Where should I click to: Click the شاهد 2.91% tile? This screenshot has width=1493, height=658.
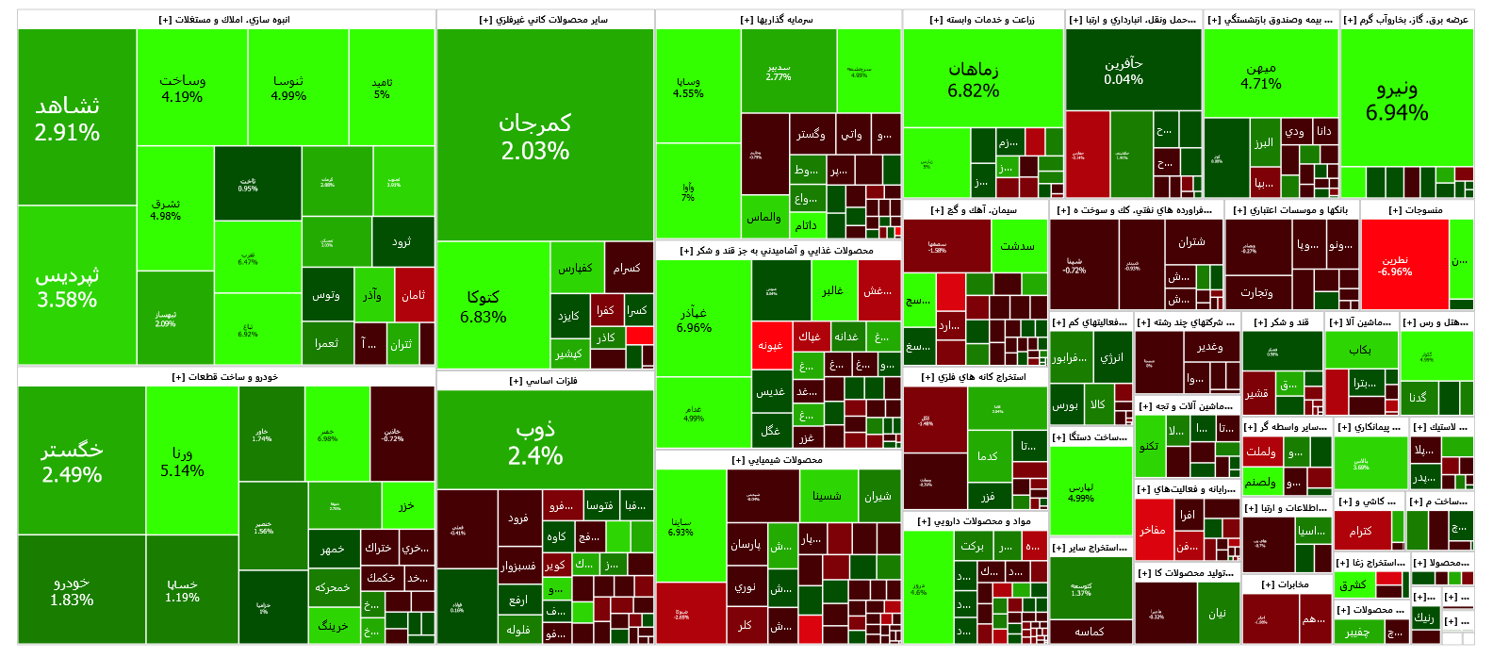(x=68, y=118)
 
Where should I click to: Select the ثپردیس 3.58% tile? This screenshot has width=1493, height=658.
(x=68, y=287)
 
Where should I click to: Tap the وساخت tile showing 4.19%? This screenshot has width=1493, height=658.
(x=182, y=88)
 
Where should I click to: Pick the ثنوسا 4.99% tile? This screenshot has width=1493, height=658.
(x=288, y=88)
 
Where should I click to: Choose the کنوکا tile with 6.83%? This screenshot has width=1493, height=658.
(x=484, y=305)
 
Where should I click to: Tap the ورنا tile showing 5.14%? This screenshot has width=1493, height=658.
(x=182, y=462)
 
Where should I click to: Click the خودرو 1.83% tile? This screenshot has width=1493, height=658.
(x=73, y=590)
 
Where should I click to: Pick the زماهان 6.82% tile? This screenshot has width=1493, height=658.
(x=974, y=79)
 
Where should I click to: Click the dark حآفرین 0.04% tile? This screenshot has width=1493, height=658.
(x=1123, y=71)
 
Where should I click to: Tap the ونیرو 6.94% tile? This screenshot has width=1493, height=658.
(x=1397, y=99)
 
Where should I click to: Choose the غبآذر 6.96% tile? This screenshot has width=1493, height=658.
(x=694, y=319)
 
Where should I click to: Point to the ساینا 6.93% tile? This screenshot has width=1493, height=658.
(x=681, y=526)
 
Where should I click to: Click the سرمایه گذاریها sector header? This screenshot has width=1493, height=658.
(x=778, y=20)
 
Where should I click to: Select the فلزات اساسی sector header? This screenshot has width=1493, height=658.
(x=544, y=381)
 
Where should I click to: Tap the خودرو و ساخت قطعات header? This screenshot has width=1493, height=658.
(x=225, y=377)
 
